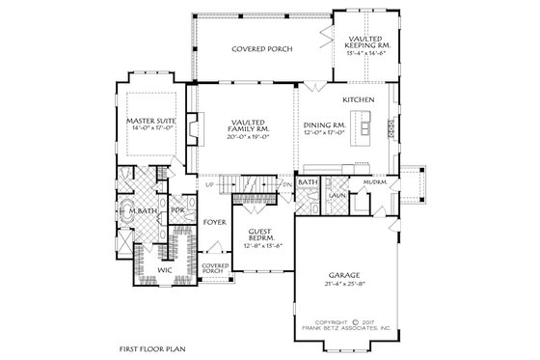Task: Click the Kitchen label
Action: pyautogui.click(x=357, y=99)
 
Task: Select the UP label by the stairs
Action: pyautogui.click(x=208, y=183)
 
